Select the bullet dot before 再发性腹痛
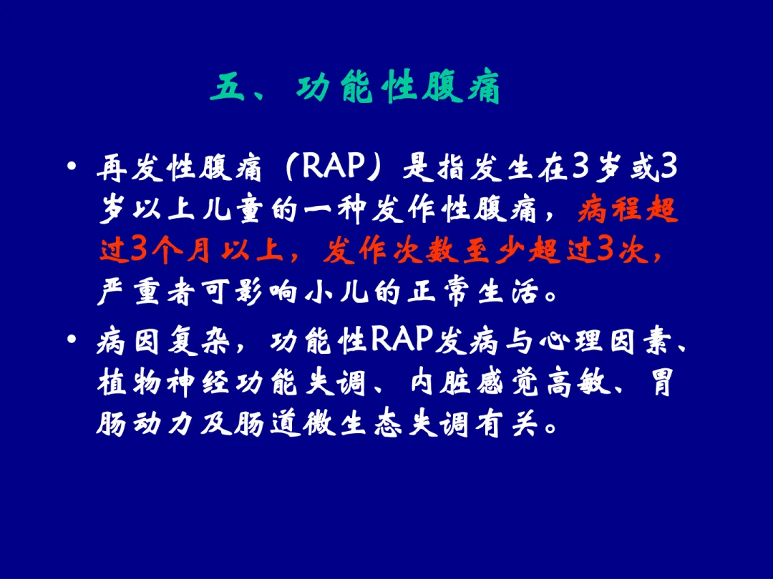72,166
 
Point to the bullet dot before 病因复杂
72,339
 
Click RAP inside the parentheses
333,167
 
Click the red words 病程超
628,209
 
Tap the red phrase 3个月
170,252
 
